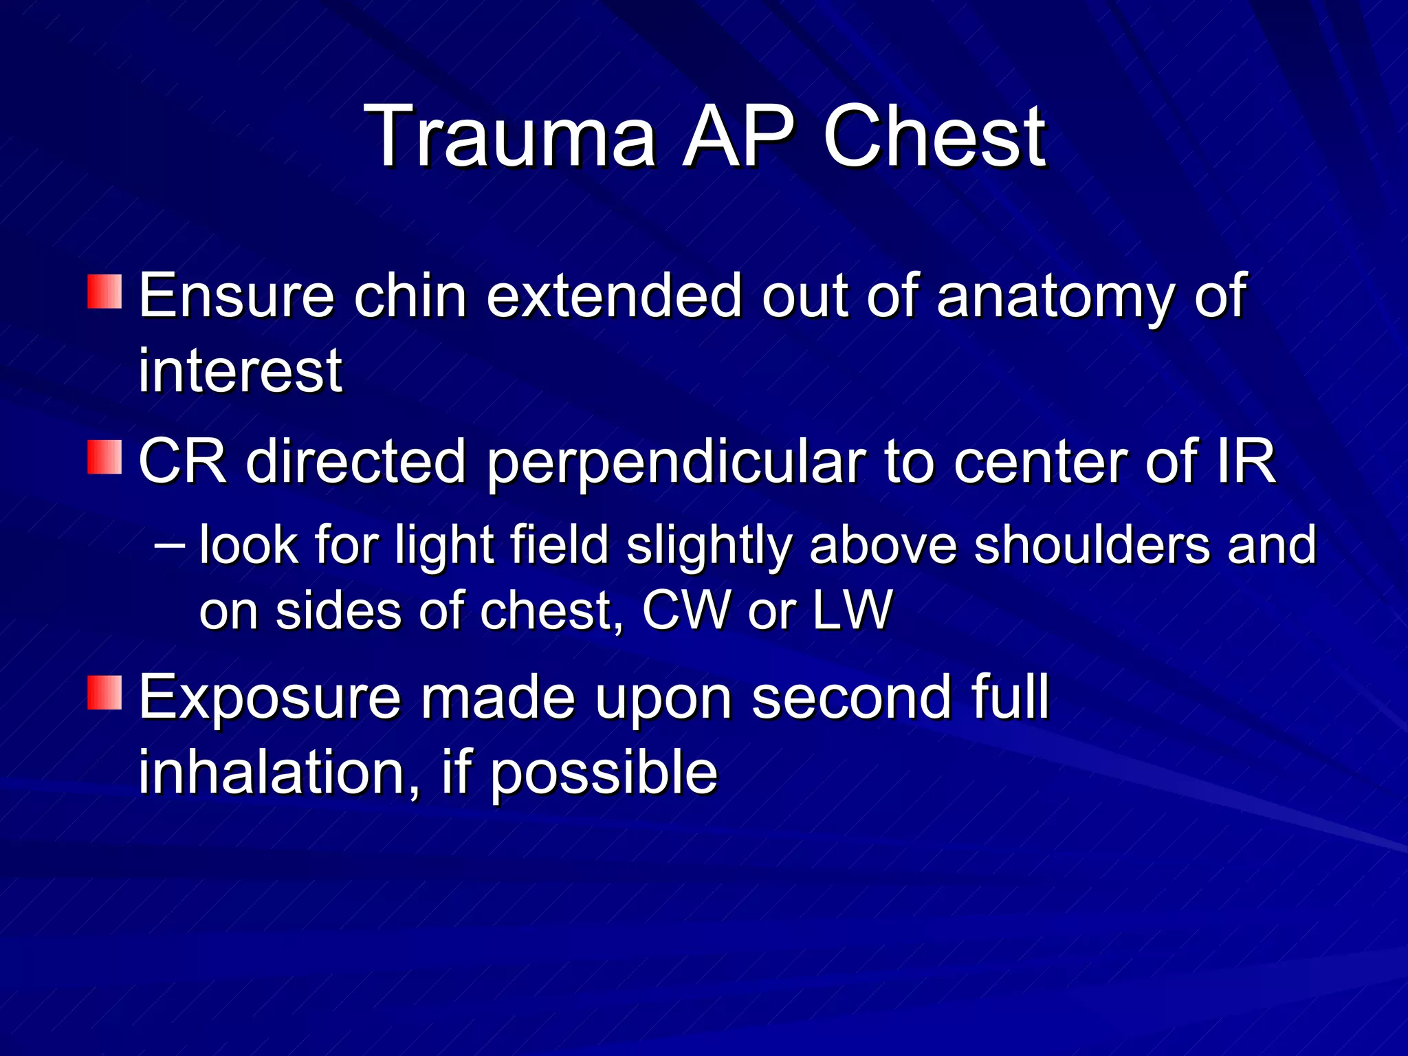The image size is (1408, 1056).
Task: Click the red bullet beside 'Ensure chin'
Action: point(104,291)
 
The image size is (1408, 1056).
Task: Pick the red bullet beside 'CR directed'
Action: point(104,457)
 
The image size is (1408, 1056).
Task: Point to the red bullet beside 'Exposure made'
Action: point(104,692)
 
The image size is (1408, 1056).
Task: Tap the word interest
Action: point(240,371)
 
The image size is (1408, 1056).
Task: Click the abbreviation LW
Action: point(852,610)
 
